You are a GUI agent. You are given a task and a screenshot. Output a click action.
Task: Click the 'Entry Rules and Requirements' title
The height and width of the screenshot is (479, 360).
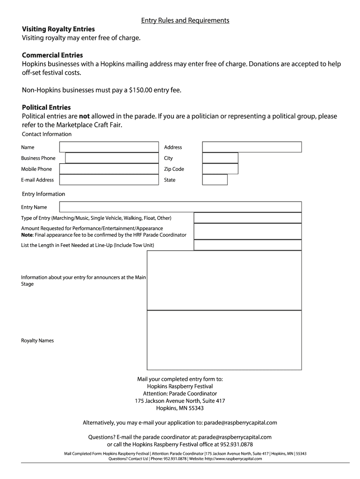[186, 21]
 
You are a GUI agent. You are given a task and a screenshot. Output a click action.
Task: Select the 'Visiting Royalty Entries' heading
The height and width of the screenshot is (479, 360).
[58, 29]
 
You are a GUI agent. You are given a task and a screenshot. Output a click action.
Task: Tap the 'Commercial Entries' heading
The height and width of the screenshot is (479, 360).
[52, 55]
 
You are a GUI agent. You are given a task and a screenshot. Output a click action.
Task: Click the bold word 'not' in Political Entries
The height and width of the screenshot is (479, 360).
[84, 116]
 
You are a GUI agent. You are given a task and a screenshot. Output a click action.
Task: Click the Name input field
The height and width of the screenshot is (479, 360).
[109, 147]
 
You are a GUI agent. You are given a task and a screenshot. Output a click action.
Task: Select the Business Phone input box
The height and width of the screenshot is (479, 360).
[112, 158]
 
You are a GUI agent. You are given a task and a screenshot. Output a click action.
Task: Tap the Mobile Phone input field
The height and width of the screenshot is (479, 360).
[109, 169]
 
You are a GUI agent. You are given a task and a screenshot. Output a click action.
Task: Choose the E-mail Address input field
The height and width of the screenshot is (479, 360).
[109, 180]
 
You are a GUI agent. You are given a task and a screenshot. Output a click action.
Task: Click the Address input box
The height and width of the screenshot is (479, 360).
[252, 147]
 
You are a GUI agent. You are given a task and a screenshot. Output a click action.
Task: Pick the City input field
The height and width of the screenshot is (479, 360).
[220, 158]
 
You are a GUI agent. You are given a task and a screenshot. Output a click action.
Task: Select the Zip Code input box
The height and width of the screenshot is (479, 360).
[220, 169]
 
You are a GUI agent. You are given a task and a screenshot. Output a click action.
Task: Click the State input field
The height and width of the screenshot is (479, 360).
[215, 180]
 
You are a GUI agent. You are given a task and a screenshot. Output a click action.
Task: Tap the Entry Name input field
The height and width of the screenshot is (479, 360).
[180, 207]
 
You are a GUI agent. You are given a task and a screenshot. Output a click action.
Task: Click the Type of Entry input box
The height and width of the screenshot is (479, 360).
[247, 218]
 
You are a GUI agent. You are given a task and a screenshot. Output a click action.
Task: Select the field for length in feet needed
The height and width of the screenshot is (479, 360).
[247, 245]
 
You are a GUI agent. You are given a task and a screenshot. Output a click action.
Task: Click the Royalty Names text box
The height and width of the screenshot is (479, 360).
[224, 340]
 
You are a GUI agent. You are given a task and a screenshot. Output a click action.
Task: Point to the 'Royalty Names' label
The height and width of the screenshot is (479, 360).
[37, 341]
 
